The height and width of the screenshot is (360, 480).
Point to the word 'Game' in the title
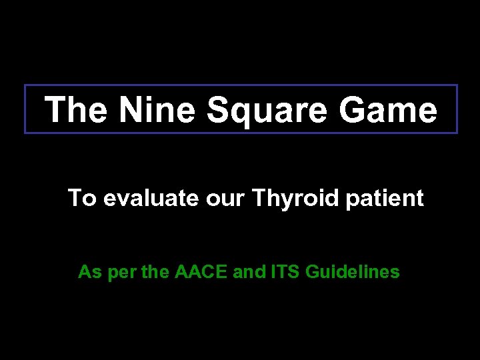point(387,110)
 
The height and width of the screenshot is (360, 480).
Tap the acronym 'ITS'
point(285,272)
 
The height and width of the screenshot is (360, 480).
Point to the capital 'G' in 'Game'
point(353,110)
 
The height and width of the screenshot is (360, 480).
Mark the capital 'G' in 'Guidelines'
point(312,272)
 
